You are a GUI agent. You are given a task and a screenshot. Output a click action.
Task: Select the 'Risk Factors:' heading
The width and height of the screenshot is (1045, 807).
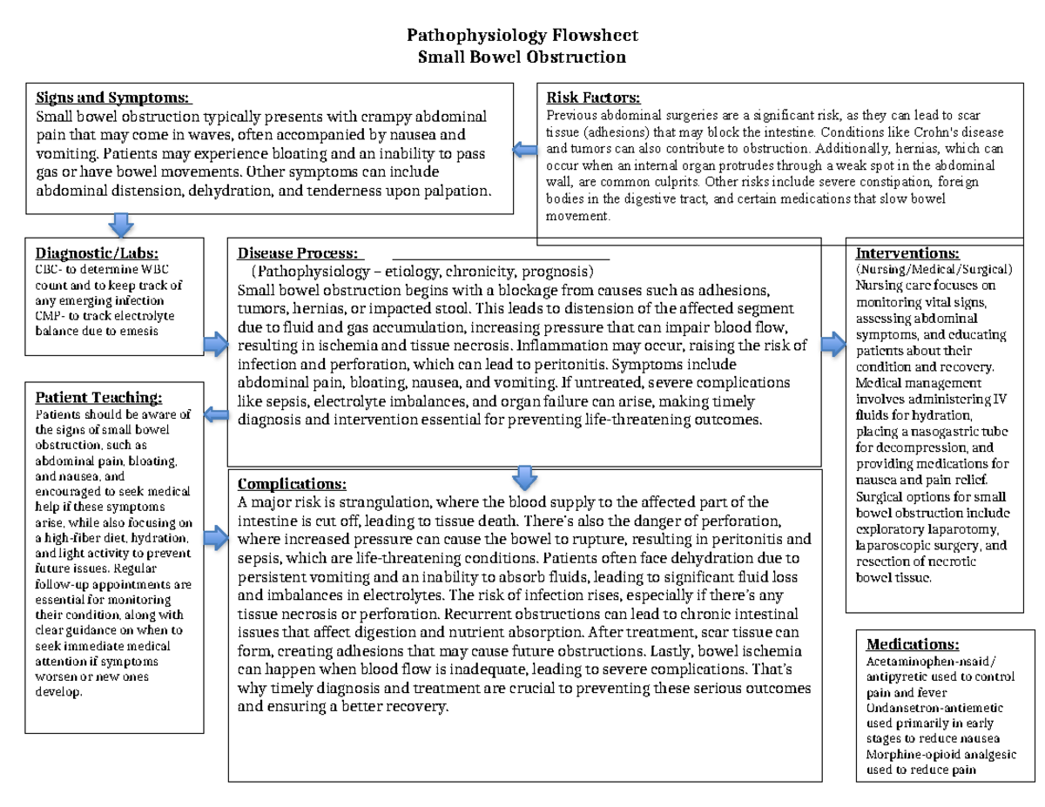coord(593,98)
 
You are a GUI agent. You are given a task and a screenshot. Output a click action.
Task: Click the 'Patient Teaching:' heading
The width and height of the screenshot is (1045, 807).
coord(98,398)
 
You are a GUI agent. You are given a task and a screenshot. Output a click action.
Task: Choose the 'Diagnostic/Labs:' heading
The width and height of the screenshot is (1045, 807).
coord(97,253)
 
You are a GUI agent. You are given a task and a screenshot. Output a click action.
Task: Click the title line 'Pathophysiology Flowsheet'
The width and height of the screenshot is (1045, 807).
coord(522,36)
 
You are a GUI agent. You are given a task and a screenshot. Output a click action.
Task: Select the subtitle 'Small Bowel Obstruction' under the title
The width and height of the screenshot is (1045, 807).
coord(522,57)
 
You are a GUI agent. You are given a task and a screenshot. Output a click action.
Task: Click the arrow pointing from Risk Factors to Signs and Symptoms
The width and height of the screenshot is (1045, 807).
coord(525,151)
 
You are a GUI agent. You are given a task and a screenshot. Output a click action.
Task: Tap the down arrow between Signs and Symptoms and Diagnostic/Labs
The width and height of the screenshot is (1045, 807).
coord(119,225)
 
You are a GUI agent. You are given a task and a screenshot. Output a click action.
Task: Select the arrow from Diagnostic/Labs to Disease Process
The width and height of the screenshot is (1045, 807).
coord(215,346)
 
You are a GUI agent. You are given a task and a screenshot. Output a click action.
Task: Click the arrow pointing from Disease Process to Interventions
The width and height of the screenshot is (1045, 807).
coord(833,346)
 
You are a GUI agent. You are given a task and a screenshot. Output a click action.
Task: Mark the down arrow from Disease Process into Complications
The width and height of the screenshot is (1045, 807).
coord(522,476)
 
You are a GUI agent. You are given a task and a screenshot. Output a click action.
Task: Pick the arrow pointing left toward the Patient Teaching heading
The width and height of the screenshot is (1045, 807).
coord(216,414)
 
